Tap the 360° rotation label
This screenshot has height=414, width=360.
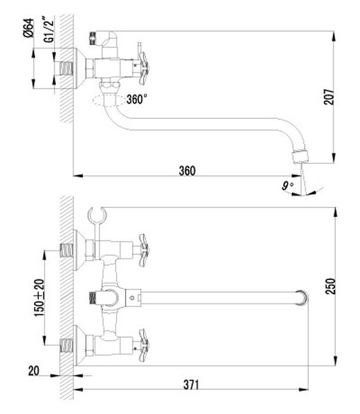pyautogui.click(x=136, y=98)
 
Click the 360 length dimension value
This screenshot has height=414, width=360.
pyautogui.click(x=186, y=170)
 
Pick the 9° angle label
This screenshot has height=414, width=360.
pyautogui.click(x=287, y=185)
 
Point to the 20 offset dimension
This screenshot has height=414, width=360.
pyautogui.click(x=33, y=371)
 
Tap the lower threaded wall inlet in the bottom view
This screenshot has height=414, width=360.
pyautogui.click(x=67, y=342)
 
